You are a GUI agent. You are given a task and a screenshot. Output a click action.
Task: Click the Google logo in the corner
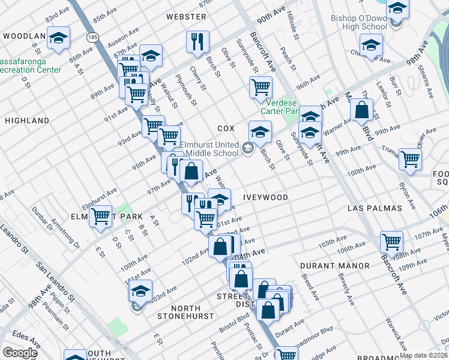coord(20,353)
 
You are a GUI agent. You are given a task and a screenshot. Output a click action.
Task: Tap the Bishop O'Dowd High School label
coord(359,22)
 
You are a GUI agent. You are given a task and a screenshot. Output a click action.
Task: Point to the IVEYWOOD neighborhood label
coord(265,197)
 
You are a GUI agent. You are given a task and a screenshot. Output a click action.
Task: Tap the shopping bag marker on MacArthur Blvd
coord(362,110)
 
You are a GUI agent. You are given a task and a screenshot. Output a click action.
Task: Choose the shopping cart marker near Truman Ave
coord(411,159)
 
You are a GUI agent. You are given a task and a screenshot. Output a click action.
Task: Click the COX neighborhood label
coord(225,128)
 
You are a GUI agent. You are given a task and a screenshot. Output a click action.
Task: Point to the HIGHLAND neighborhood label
coord(27,121)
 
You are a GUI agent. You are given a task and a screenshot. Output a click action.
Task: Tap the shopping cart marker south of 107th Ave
coord(391,242)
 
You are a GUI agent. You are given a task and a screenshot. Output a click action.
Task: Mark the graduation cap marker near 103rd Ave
coord(140,292)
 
